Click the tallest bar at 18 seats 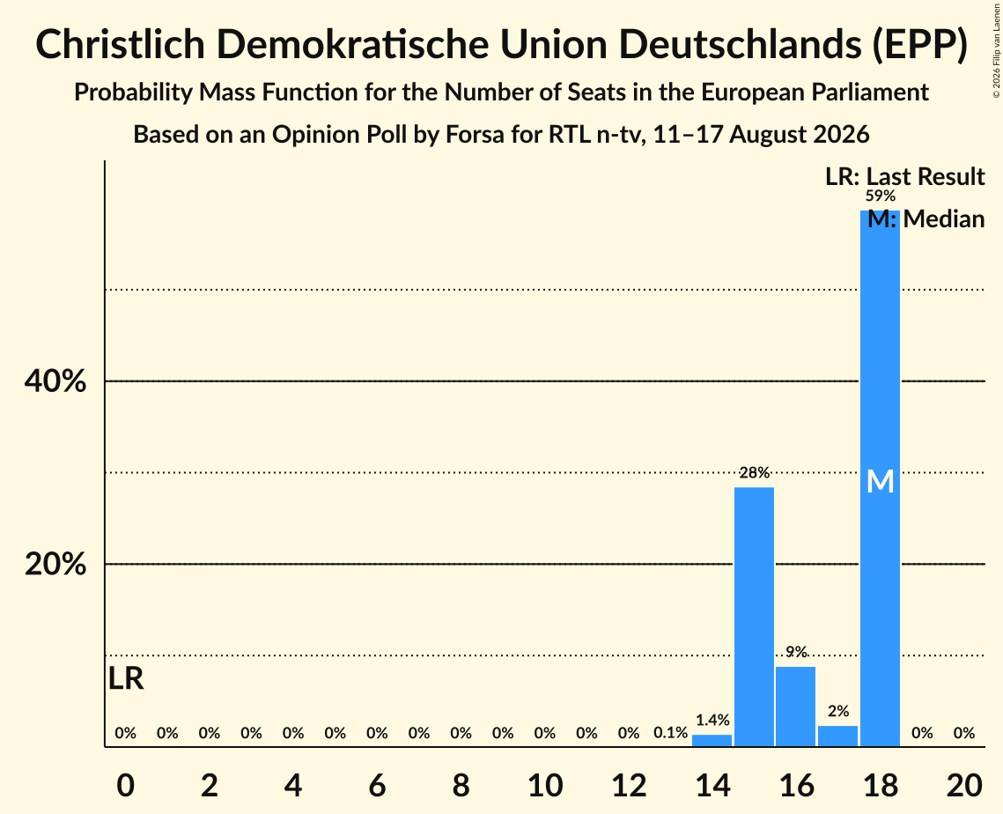coord(880,478)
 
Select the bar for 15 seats coord(754,617)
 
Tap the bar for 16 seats coord(796,707)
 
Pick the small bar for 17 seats coord(838,736)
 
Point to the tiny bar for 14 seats coord(712,740)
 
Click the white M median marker coord(881,481)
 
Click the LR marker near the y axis coord(126,678)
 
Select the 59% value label coord(881,196)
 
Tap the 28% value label coord(754,473)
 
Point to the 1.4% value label coord(712,720)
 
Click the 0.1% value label coord(670,733)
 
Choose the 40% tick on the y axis coord(55,381)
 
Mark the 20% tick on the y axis coord(55,565)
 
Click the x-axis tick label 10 coord(545,785)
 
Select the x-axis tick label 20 coord(964,785)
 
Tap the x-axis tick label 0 coord(126,785)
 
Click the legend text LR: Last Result coord(904,176)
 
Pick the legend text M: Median coord(926,219)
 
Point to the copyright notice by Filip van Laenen coord(996,50)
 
